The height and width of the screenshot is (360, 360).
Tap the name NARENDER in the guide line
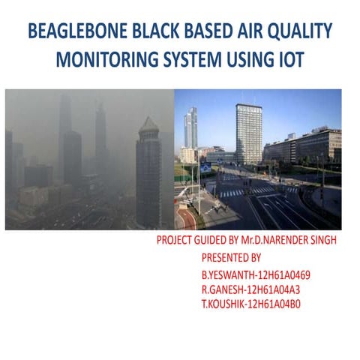[x=288, y=241]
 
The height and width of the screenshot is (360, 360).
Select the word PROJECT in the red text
[x=175, y=241]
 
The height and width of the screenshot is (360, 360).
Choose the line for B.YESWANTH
[x=256, y=274]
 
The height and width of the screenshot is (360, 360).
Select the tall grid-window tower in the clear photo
[x=248, y=133]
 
